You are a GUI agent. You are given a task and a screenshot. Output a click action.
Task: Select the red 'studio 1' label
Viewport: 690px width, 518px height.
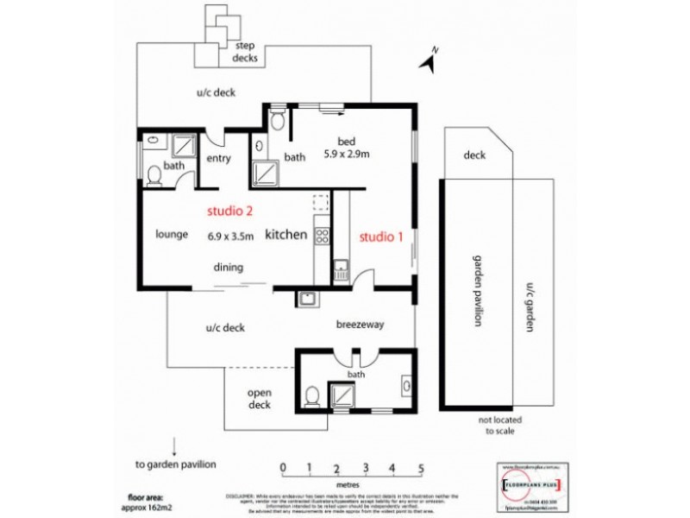click(x=381, y=235)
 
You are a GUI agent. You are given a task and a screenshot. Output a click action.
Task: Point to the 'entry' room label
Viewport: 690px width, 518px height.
click(x=219, y=158)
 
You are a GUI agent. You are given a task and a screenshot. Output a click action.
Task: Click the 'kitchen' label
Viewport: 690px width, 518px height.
click(x=285, y=235)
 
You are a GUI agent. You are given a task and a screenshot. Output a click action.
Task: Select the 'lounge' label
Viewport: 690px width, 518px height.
click(x=172, y=234)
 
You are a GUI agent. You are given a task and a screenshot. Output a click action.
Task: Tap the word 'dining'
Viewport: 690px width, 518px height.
click(x=229, y=267)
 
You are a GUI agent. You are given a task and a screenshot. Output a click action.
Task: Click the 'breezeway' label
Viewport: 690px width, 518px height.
click(x=359, y=325)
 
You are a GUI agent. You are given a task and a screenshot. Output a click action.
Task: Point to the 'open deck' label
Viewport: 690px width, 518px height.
click(x=260, y=398)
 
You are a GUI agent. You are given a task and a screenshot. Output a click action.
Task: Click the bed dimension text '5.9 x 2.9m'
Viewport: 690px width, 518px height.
click(x=346, y=155)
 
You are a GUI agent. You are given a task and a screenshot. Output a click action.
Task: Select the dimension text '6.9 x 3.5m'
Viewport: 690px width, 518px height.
click(x=230, y=235)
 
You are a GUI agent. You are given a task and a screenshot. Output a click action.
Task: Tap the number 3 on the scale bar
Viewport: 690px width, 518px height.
click(x=365, y=469)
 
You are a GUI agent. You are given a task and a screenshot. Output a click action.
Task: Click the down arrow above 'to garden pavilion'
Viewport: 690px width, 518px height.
click(x=175, y=446)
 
